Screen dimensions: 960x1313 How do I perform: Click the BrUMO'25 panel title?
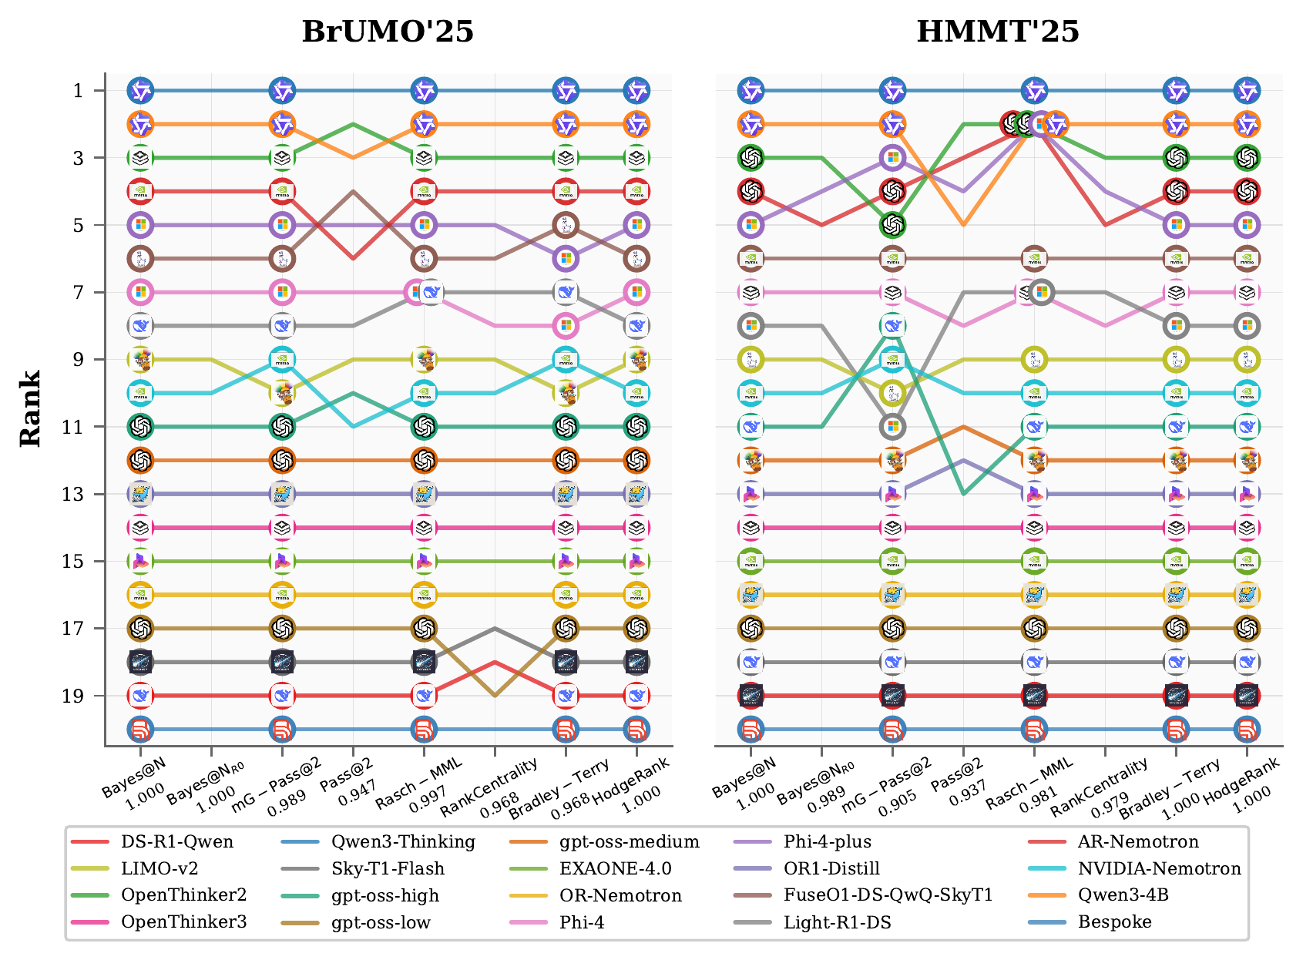point(388,32)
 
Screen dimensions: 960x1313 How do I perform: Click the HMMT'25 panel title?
point(998,32)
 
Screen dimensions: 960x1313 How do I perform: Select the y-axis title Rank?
point(30,409)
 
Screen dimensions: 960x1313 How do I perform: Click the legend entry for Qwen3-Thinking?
point(402,842)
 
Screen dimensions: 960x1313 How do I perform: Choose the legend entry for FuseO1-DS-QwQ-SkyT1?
point(888,895)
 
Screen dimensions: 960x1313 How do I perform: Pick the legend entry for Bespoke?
point(1114,922)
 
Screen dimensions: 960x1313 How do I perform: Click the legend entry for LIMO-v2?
point(159,869)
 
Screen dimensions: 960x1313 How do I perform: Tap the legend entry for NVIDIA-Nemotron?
point(1159,869)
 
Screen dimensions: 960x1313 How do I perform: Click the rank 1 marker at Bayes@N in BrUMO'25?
point(140,91)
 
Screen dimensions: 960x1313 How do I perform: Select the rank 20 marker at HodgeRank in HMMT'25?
point(1247,729)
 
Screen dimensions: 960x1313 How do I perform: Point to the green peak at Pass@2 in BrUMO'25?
point(353,124)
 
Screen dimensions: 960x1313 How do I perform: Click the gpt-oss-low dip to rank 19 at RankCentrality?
point(495,696)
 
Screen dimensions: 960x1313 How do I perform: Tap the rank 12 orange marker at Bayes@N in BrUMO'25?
point(140,461)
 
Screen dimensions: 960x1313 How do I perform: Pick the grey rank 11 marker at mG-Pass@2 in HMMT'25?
point(892,427)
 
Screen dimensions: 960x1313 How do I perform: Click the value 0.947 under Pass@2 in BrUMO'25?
point(356,794)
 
